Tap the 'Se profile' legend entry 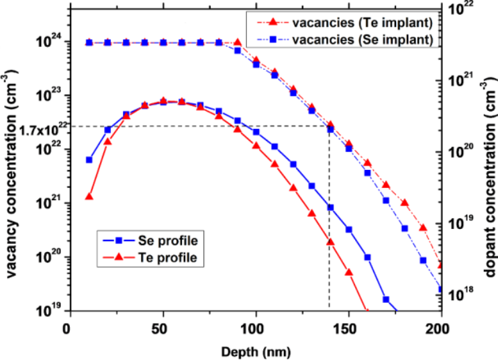161,240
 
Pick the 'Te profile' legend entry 161,257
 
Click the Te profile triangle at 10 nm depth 89,197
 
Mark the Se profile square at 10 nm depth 89,160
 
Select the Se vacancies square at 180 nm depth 405,228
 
